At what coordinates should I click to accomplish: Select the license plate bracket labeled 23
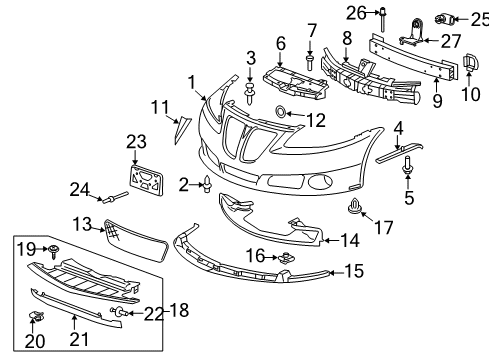pyautogui.click(x=147, y=181)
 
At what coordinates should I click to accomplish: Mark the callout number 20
pyautogui.click(x=34, y=341)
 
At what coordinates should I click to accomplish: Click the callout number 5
pyautogui.click(x=408, y=196)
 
